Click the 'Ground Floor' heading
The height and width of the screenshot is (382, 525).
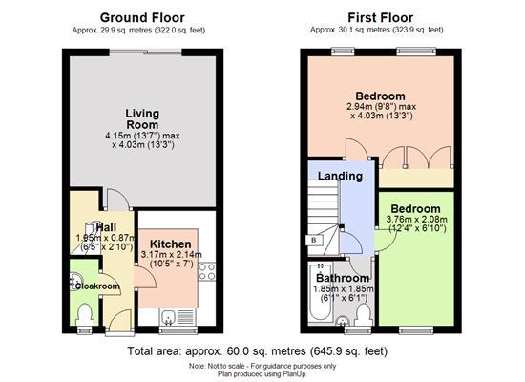tap(142, 17)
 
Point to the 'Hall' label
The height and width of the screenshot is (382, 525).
tap(92, 227)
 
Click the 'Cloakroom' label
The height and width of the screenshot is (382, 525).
tap(97, 286)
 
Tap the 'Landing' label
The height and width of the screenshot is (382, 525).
tap(339, 176)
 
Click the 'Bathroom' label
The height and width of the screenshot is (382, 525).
tap(343, 278)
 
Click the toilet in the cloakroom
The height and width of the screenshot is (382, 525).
tap(84, 313)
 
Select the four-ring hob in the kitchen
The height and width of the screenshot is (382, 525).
tap(207, 270)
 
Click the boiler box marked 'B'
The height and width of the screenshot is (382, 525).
tap(313, 239)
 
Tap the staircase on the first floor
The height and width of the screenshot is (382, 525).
tap(324, 210)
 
